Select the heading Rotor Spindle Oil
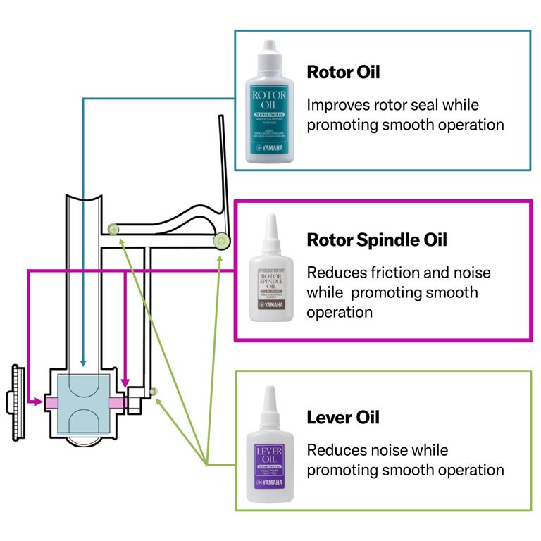377,240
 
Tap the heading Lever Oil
343,417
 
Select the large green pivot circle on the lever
222,242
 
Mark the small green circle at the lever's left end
112,229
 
